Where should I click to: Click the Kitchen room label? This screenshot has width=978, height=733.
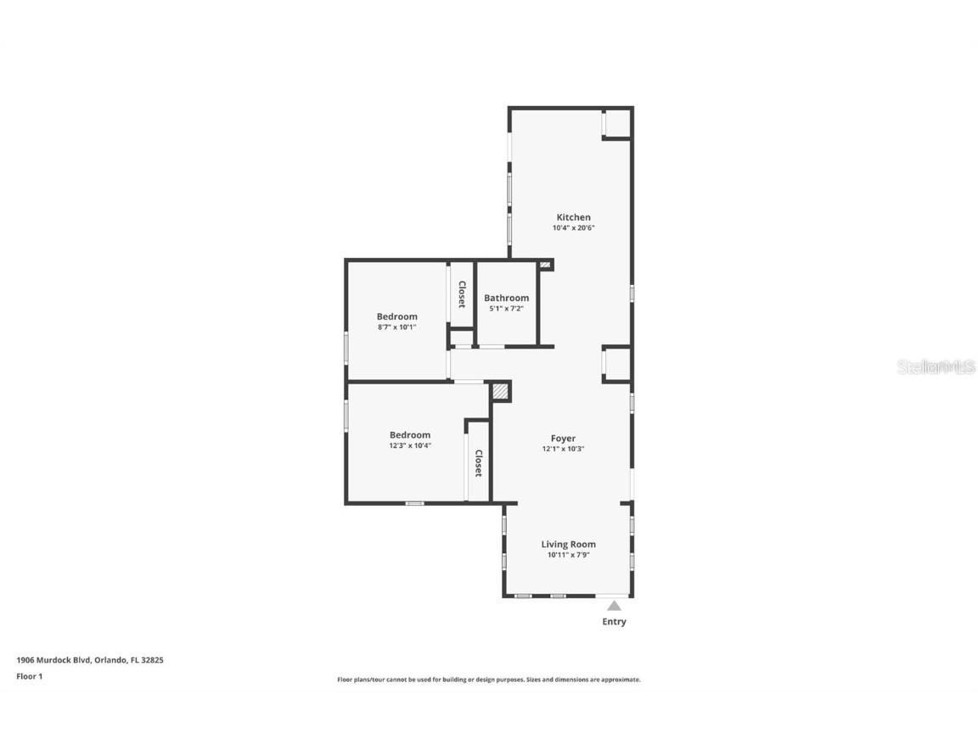(573, 217)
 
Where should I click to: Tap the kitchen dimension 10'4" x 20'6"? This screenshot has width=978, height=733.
(573, 228)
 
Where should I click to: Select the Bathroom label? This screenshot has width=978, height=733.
(506, 298)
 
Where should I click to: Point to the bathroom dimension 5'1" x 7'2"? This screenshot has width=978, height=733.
(506, 309)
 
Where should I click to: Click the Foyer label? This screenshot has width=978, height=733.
(563, 439)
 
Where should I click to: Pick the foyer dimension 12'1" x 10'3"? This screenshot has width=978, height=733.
(563, 449)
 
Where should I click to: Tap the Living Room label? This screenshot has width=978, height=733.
(568, 544)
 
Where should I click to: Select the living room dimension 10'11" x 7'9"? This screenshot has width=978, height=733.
(568, 555)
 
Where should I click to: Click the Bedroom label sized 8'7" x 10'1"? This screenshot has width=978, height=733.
(396, 316)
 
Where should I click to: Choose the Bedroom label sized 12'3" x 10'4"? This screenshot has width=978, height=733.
(409, 435)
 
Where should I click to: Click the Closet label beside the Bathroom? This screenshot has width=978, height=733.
(462, 294)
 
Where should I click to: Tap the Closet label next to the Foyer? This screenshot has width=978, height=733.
(478, 463)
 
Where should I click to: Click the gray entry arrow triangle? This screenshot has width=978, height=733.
(614, 606)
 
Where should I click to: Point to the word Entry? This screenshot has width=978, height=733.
(614, 622)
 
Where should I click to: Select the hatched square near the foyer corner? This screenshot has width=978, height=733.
(501, 392)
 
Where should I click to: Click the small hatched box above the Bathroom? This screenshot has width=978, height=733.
(545, 266)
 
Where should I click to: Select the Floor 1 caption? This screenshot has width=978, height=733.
(29, 676)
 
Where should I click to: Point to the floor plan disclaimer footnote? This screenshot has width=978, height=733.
(488, 680)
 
